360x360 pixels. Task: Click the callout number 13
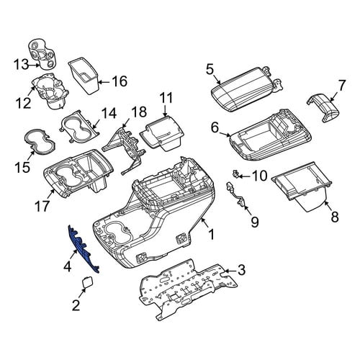[21, 65]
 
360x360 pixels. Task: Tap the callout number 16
[120, 81]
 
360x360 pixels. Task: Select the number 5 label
[210, 70]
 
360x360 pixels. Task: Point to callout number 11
[166, 98]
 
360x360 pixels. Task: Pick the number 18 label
[139, 112]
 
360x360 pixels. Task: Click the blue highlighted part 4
[83, 248]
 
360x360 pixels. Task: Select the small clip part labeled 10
[235, 174]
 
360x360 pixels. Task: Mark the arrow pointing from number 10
[244, 176]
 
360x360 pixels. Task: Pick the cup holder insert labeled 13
[42, 55]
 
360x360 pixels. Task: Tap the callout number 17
[42, 206]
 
